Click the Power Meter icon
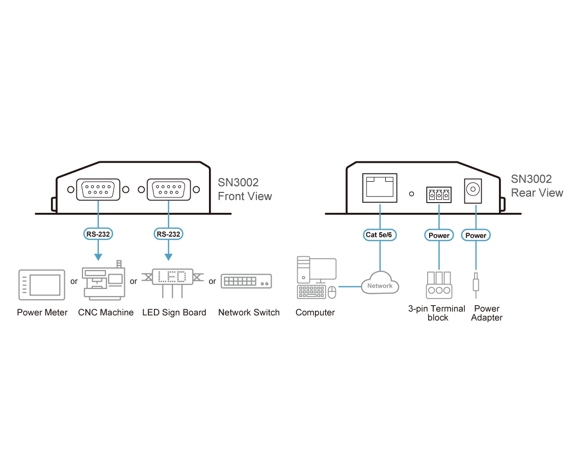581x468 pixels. (x=42, y=285)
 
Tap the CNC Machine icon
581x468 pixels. (x=104, y=281)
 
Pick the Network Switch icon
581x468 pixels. (x=246, y=281)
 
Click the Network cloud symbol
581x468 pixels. (x=380, y=283)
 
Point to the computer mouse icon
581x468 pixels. (x=332, y=292)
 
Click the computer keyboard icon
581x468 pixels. (x=311, y=292)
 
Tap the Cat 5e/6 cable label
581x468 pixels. (x=379, y=235)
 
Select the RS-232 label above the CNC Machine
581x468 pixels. (x=98, y=234)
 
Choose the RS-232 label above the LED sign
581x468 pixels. (x=169, y=234)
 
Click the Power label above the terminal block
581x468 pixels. (x=439, y=235)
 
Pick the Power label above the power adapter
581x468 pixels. (x=476, y=235)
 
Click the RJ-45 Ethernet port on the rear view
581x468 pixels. (x=380, y=188)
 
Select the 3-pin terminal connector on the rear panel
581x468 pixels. (x=439, y=194)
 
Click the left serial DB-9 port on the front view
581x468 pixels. (x=98, y=190)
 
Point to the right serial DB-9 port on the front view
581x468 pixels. (x=169, y=190)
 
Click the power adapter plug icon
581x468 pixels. (x=476, y=285)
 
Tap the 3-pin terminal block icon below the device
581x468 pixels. (x=439, y=285)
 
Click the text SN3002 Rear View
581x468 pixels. (x=537, y=186)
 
